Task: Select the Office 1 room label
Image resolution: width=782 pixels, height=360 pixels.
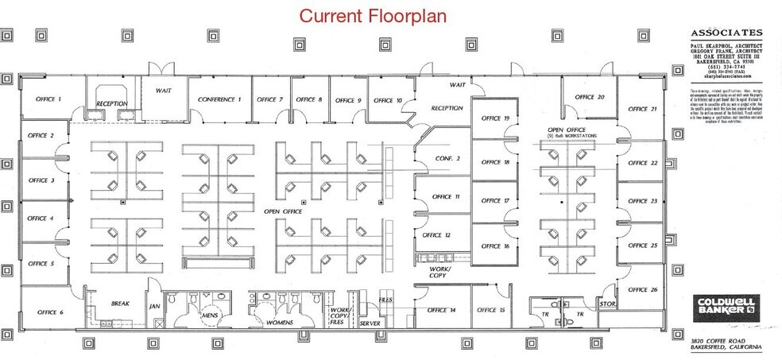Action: coord(48,99)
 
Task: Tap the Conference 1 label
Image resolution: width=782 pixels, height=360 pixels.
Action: coord(219,99)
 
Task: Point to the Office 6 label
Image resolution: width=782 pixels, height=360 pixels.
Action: coord(50,312)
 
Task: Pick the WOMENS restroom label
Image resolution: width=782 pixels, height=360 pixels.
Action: coord(278,323)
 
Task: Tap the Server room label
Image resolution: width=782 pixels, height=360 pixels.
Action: coord(370,323)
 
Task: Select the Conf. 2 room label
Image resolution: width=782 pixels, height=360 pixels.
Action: coord(447,158)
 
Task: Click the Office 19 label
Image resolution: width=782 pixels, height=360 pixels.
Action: coord(495,118)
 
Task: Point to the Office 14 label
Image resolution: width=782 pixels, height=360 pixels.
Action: coord(442,309)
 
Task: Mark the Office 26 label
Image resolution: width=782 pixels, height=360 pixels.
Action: coord(642,290)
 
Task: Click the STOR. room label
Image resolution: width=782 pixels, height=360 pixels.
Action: coord(608,303)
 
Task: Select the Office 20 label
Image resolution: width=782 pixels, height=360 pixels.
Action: coord(590,97)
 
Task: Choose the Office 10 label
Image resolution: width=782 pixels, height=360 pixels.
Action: coord(388,100)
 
